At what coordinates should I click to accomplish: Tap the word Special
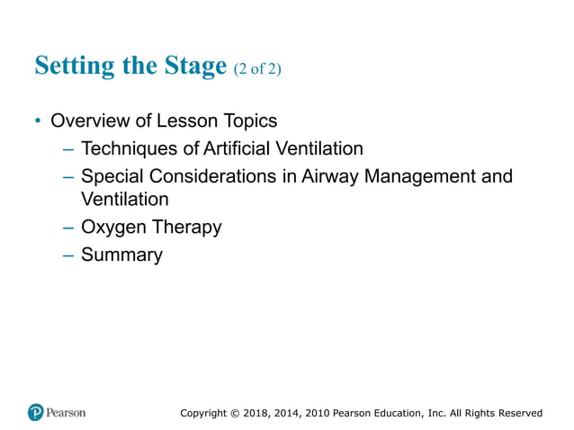[111, 176]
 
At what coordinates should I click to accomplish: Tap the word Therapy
[186, 228]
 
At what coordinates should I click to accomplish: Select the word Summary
[121, 255]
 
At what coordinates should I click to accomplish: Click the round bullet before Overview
[38, 121]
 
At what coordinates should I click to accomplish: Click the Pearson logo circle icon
[36, 413]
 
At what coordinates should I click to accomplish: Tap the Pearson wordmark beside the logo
[67, 413]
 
